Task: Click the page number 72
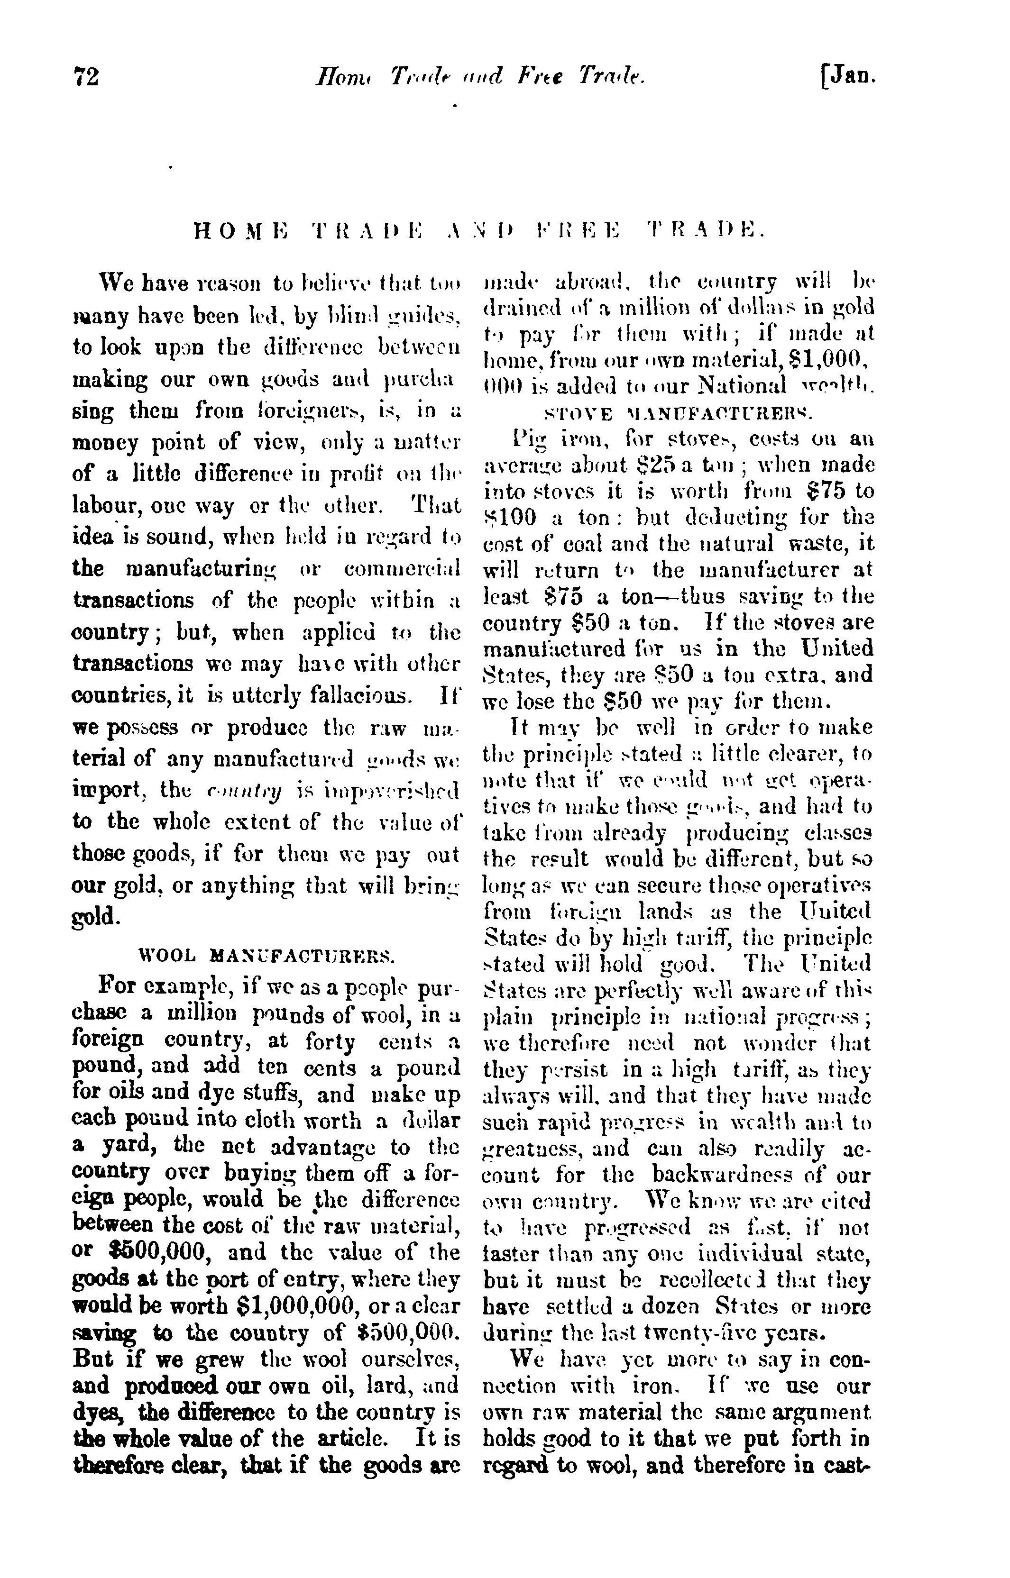point(85,77)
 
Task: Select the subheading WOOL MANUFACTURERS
point(267,955)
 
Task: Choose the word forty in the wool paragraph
point(331,1040)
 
